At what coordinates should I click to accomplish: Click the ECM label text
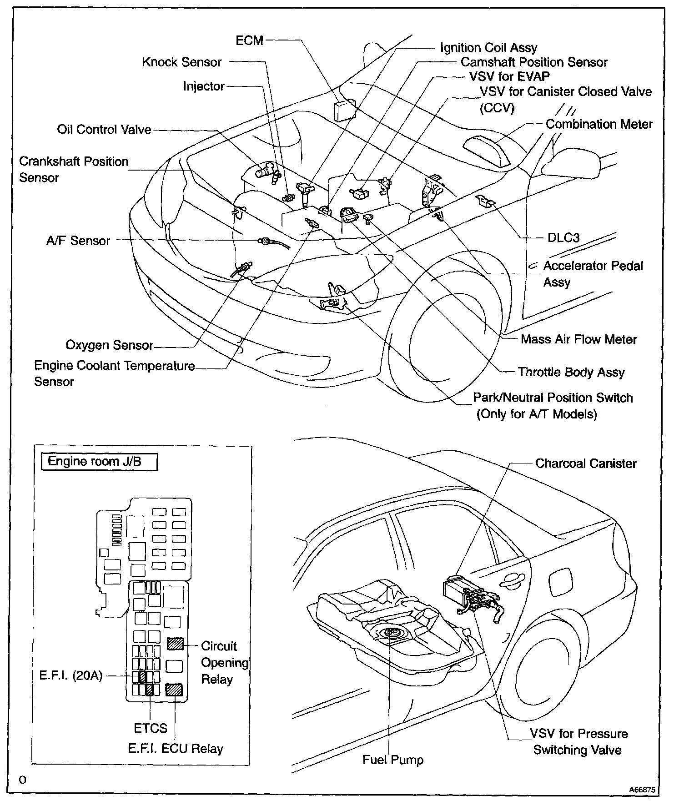249,40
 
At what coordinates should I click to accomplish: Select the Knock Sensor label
182,62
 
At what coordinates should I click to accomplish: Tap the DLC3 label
563,238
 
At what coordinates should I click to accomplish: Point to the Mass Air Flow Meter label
578,339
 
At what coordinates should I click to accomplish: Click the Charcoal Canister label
586,463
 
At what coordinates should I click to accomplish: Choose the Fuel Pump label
393,760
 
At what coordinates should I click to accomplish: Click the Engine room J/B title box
99,462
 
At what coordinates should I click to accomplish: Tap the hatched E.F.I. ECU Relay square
174,690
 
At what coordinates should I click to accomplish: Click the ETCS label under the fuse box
151,729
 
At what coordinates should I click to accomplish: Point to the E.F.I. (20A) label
71,676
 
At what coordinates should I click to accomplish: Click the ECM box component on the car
344,111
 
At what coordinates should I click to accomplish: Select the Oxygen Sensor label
109,345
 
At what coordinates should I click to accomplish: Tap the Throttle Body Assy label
571,373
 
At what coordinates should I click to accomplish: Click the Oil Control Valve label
104,130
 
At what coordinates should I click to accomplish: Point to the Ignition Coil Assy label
488,48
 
